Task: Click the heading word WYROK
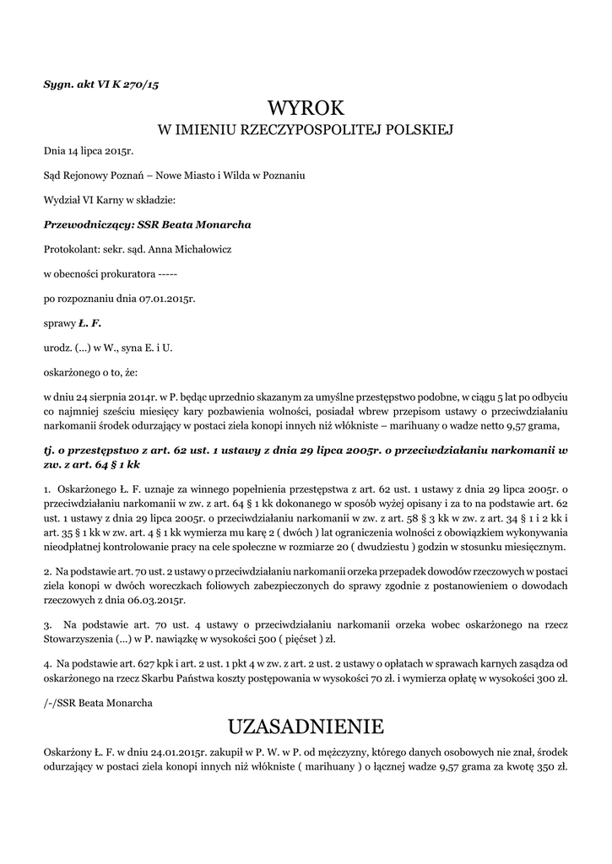click(x=306, y=109)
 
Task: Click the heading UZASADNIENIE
click(x=306, y=726)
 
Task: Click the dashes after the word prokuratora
click(x=167, y=274)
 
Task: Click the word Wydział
click(x=62, y=201)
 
